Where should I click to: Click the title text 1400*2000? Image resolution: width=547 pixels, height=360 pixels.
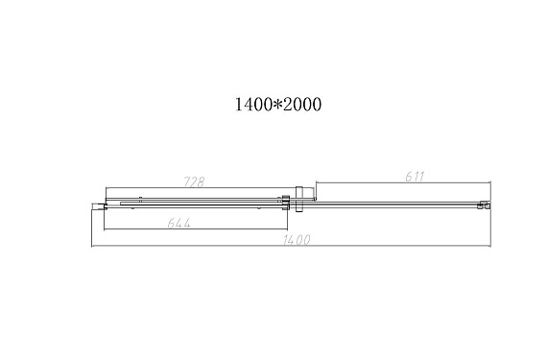(278, 105)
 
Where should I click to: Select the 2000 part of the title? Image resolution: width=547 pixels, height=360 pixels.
(302, 105)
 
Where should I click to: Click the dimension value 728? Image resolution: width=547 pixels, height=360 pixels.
(194, 181)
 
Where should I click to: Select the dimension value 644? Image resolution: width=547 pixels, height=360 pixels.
(178, 223)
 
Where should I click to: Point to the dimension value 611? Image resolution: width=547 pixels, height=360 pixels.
(415, 177)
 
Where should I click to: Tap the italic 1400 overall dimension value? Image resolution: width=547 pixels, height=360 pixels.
(297, 240)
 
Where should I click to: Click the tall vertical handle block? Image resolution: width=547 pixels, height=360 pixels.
(300, 199)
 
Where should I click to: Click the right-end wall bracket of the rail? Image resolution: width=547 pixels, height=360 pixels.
(485, 204)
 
